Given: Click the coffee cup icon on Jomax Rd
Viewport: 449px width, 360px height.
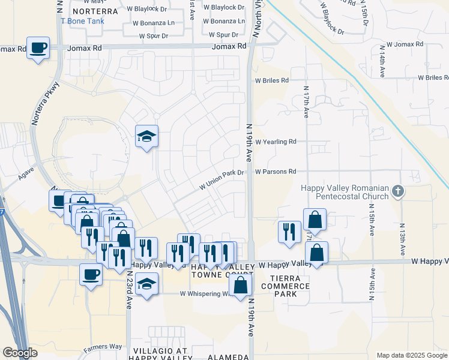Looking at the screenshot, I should point(38,47).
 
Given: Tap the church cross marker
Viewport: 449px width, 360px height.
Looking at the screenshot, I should point(397,192).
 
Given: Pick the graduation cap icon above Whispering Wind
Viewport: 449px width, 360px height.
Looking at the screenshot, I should point(146,284).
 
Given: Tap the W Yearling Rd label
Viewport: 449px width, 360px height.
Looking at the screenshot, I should point(276,142).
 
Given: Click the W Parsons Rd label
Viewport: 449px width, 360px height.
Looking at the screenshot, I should point(276,172).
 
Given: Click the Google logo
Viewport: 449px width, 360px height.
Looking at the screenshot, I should point(20,353).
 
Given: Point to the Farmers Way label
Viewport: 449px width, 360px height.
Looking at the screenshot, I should point(103,347).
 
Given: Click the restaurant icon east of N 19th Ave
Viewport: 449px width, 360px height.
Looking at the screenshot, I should point(289,232).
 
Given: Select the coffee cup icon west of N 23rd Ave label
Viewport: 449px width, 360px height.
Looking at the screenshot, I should point(91,274).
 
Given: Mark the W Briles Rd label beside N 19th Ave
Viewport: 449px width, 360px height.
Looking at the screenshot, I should point(272,80).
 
